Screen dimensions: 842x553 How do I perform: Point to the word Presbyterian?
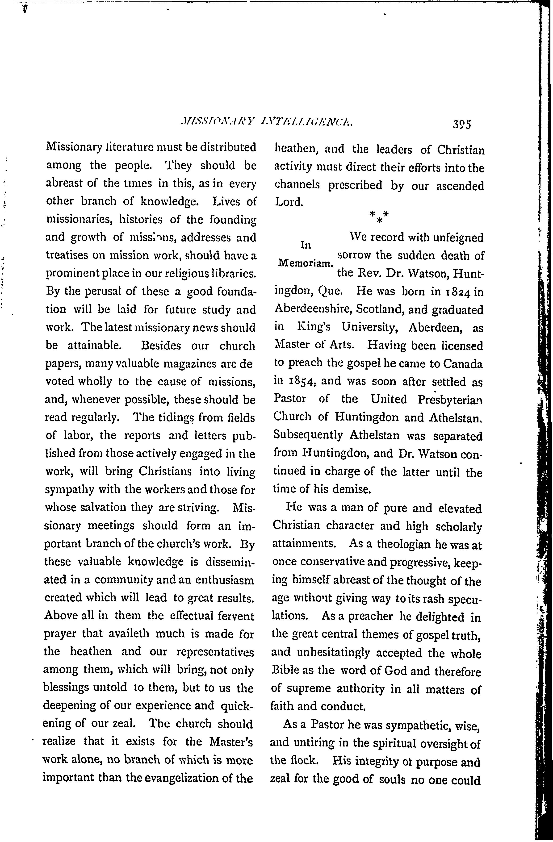click(450, 400)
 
